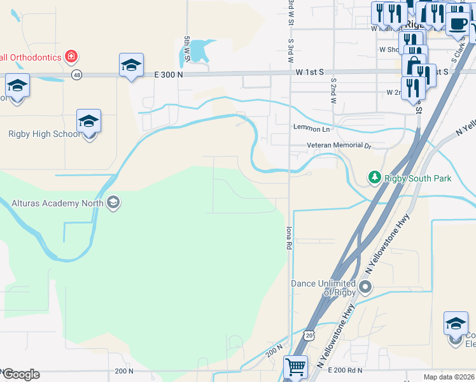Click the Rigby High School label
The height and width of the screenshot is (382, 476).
(44, 134)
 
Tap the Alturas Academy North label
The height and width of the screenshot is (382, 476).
(57, 203)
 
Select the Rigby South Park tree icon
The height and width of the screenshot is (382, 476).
(375, 177)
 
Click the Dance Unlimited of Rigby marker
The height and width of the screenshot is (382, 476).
(365, 287)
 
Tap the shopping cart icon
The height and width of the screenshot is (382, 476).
(295, 367)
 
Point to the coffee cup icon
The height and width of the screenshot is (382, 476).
(457, 24)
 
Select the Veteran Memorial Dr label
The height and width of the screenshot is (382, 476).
(338, 146)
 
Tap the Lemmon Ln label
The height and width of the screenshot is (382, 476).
(311, 129)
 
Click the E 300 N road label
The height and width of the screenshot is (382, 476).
(169, 74)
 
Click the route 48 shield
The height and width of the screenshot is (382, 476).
(77, 75)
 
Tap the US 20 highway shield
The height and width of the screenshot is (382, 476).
(309, 334)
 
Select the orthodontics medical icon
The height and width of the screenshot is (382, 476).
(72, 57)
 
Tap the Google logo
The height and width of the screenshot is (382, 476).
(21, 374)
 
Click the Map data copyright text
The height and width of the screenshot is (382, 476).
(449, 377)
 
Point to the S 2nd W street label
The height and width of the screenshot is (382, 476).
(333, 87)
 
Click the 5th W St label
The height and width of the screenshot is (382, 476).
(187, 48)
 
